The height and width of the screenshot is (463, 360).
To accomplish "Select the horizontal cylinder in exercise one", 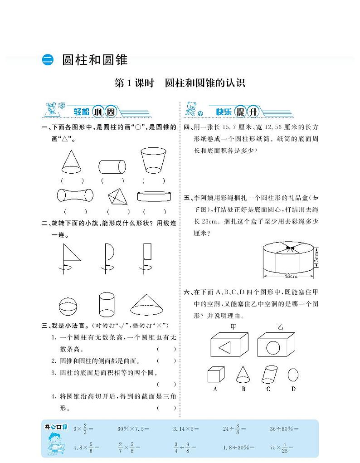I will point(112,166).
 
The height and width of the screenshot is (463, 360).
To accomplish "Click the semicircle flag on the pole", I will point(110,250).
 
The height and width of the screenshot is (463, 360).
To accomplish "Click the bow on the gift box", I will point(290,248).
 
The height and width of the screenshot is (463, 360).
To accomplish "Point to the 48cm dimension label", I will point(291,275).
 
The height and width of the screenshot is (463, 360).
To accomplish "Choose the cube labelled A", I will point(215,375).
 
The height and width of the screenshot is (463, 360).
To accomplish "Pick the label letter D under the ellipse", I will point(293,389).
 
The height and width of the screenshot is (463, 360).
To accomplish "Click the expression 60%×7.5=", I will point(133,429).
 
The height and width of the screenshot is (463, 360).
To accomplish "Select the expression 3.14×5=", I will point(186,429).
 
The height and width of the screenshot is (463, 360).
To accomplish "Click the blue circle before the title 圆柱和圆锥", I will point(48,60).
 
